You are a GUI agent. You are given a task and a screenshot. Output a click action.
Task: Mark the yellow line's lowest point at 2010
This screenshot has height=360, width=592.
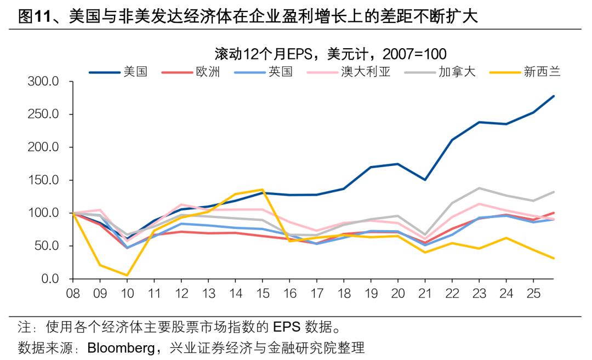point(127,275)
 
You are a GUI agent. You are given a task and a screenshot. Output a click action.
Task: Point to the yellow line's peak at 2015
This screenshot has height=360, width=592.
point(262,190)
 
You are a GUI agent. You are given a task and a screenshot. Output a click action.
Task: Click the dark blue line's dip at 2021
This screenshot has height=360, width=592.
point(424,180)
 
